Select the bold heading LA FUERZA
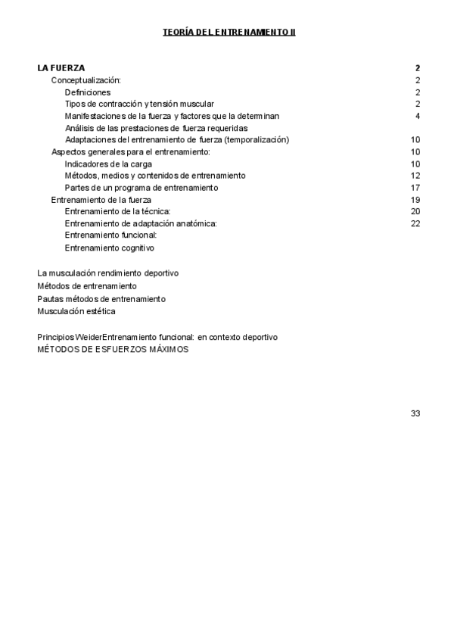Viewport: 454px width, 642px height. click(61, 67)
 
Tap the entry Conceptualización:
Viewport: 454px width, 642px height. click(86, 79)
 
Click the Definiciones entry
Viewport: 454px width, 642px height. click(88, 92)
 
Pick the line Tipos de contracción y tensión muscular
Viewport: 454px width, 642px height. click(139, 104)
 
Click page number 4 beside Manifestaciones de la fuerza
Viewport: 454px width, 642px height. click(418, 116)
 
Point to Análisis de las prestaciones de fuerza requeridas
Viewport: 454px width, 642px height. click(156, 128)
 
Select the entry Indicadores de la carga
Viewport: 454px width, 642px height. click(108, 164)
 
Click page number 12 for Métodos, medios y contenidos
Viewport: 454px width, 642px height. click(415, 176)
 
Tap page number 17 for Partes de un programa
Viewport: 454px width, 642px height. click(415, 188)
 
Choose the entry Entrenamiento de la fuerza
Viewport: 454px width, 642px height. click(101, 200)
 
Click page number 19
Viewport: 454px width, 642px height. click(415, 200)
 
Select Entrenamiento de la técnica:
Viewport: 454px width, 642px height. click(118, 211)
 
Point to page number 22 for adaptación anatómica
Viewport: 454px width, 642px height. click(415, 223)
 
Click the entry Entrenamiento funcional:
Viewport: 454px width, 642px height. click(110, 235)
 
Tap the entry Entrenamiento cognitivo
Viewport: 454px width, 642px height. click(110, 248)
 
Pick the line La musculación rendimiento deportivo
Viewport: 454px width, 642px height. click(108, 273)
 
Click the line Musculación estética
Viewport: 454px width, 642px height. click(76, 310)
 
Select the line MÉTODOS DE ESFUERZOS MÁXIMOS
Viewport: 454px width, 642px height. click(113, 349)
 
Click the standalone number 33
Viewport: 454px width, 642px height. click(415, 413)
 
